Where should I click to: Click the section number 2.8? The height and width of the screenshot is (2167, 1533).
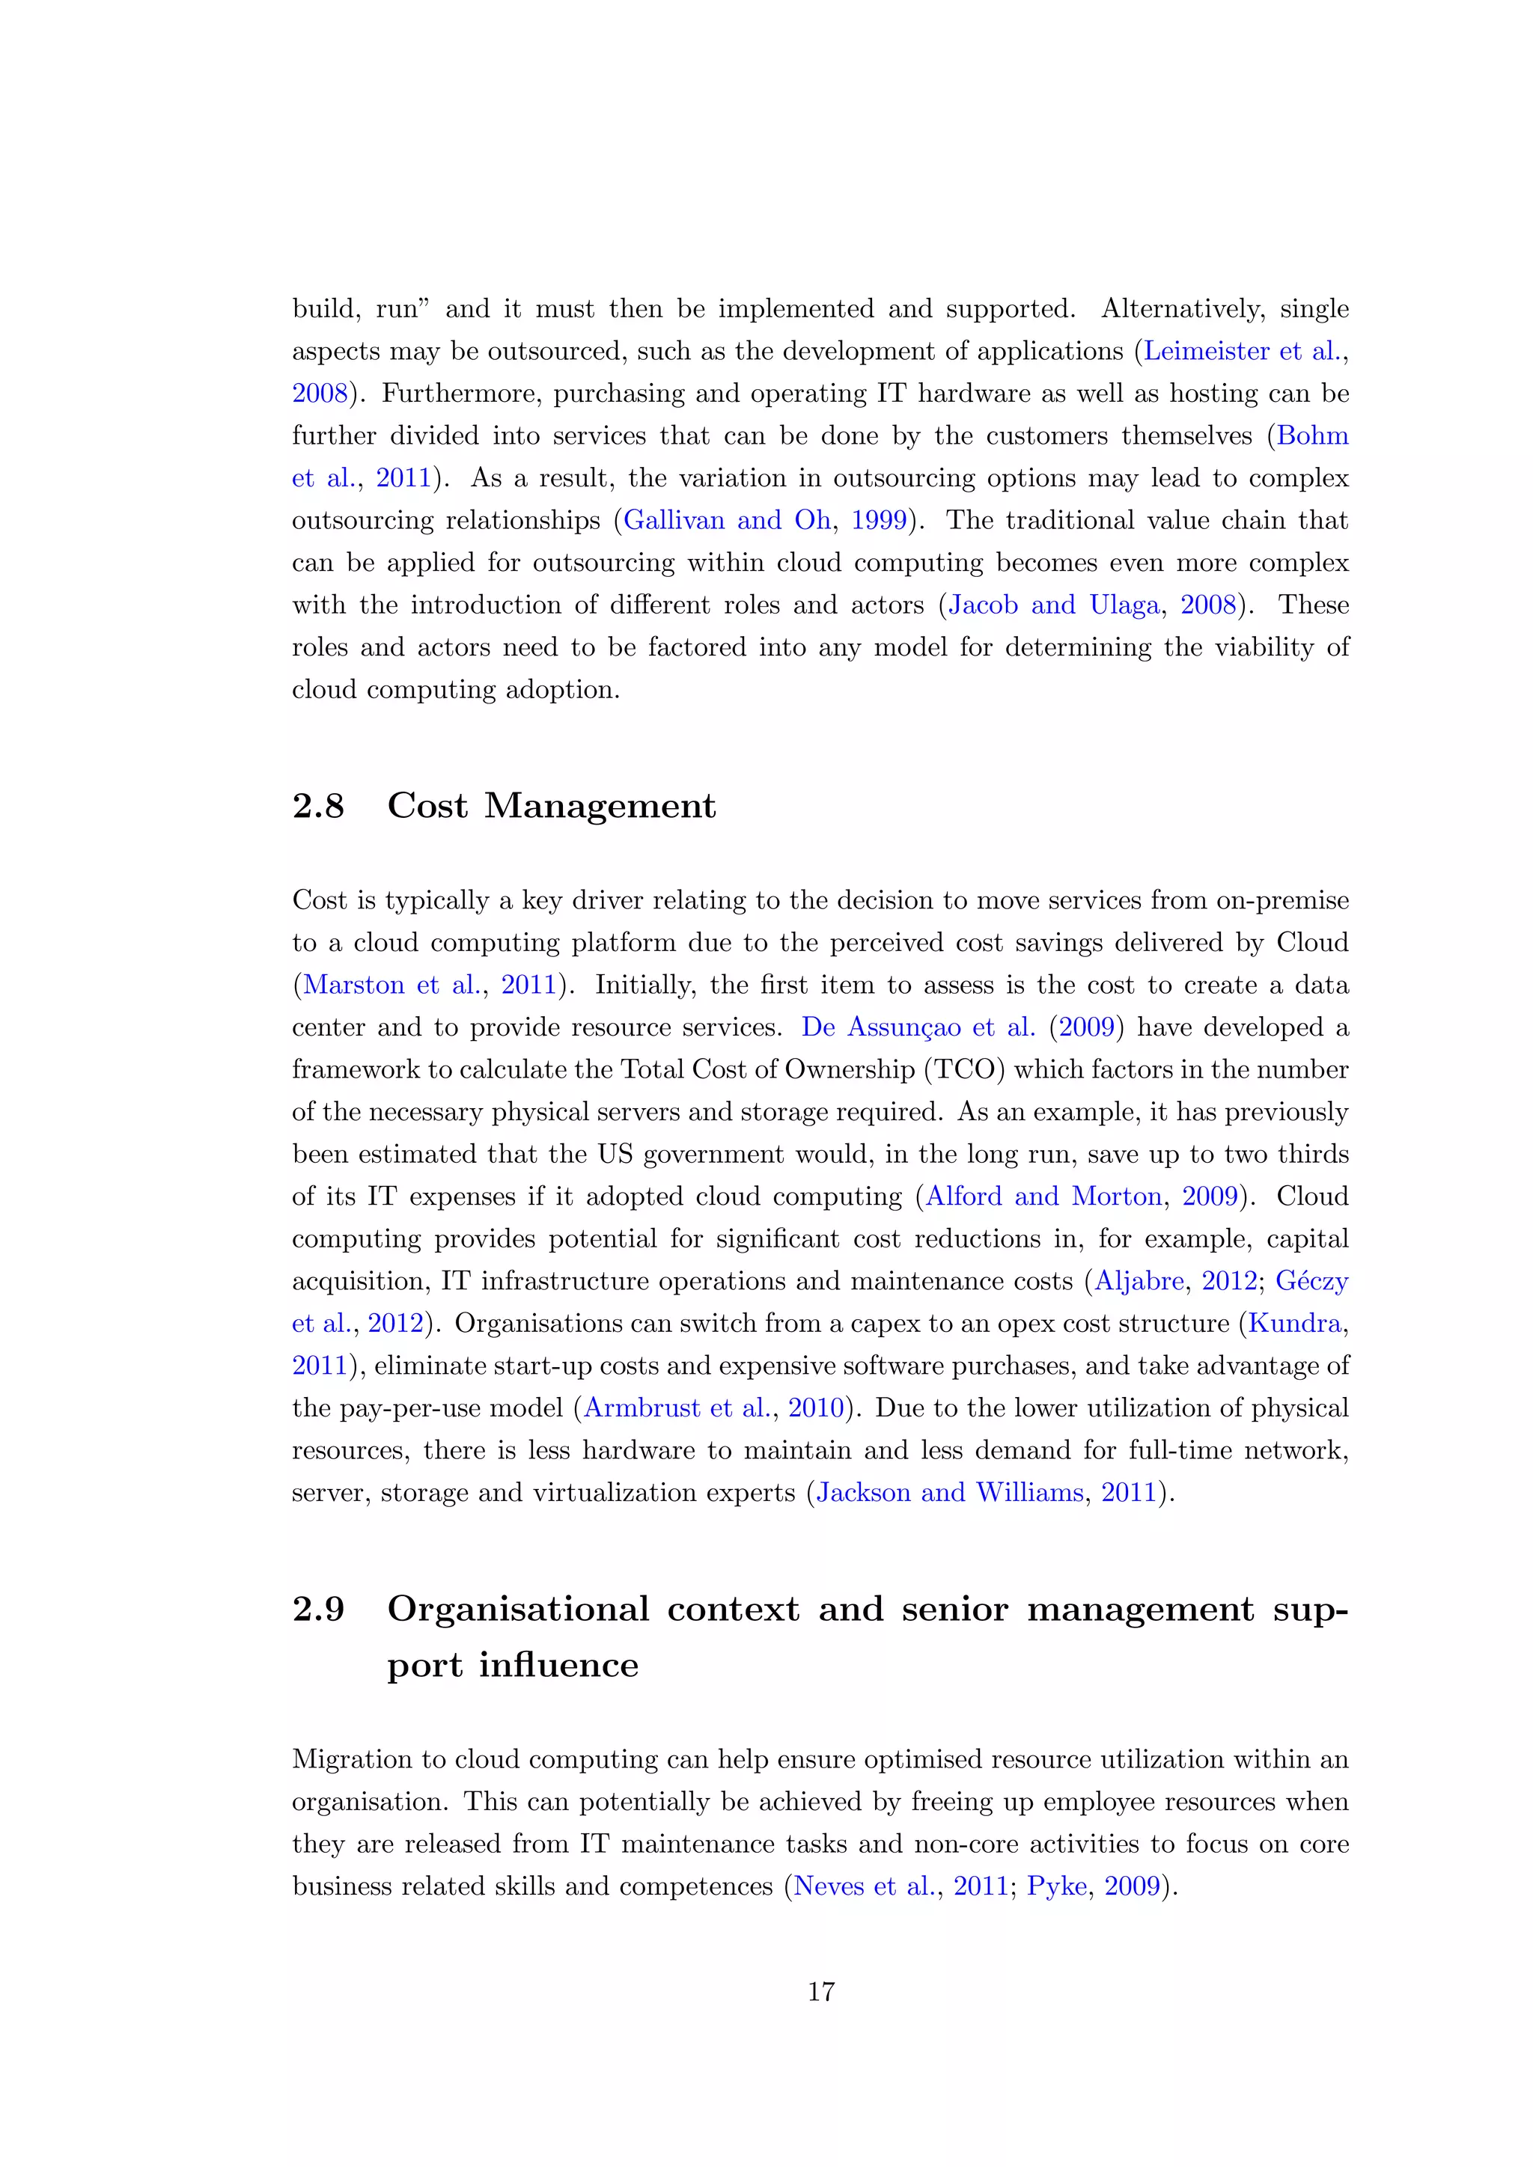318,806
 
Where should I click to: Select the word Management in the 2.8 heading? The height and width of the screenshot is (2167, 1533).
600,806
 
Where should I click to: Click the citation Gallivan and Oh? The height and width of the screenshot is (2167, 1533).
727,520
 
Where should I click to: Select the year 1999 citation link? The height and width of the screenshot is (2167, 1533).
879,520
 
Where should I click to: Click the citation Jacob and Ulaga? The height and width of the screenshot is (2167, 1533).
1053,605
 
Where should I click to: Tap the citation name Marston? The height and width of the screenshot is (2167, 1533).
353,985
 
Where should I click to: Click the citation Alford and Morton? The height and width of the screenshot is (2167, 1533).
1043,1196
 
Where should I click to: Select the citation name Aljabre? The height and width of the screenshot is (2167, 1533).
1139,1281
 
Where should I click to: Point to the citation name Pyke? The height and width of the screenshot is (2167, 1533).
1056,1886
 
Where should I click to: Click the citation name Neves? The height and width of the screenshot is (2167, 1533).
828,1886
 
